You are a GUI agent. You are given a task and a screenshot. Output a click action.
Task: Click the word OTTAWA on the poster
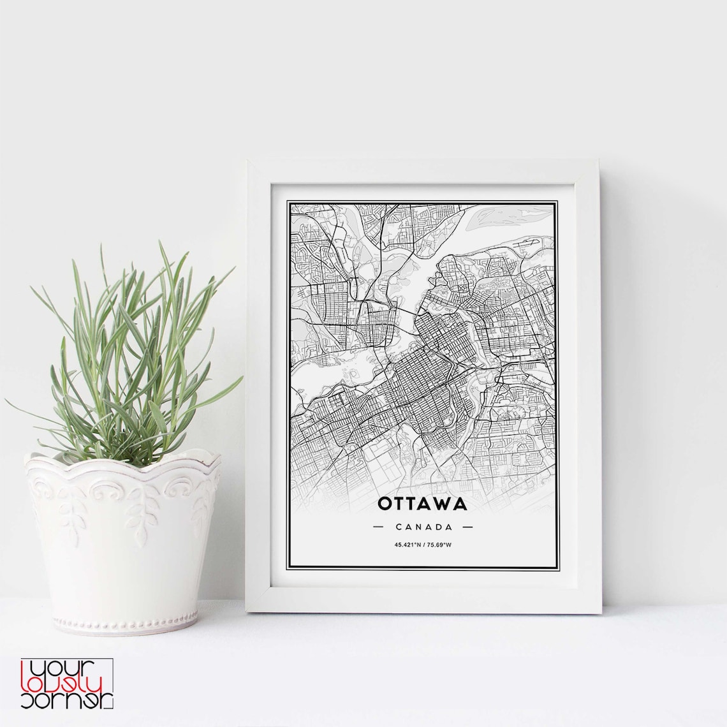point(422,504)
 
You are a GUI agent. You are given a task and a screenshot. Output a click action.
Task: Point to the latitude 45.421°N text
point(408,544)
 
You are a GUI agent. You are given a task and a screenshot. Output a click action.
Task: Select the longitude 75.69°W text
point(439,544)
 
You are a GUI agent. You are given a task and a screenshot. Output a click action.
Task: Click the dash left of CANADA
point(378,527)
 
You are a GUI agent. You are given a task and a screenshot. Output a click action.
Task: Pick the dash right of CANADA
point(467,527)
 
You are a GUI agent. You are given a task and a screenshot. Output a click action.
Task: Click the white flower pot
point(123,542)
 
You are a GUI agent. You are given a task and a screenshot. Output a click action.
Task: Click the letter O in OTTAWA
point(385,504)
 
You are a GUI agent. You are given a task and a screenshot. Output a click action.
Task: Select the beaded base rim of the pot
point(123,622)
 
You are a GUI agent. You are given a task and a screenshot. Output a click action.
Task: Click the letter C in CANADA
point(399,527)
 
